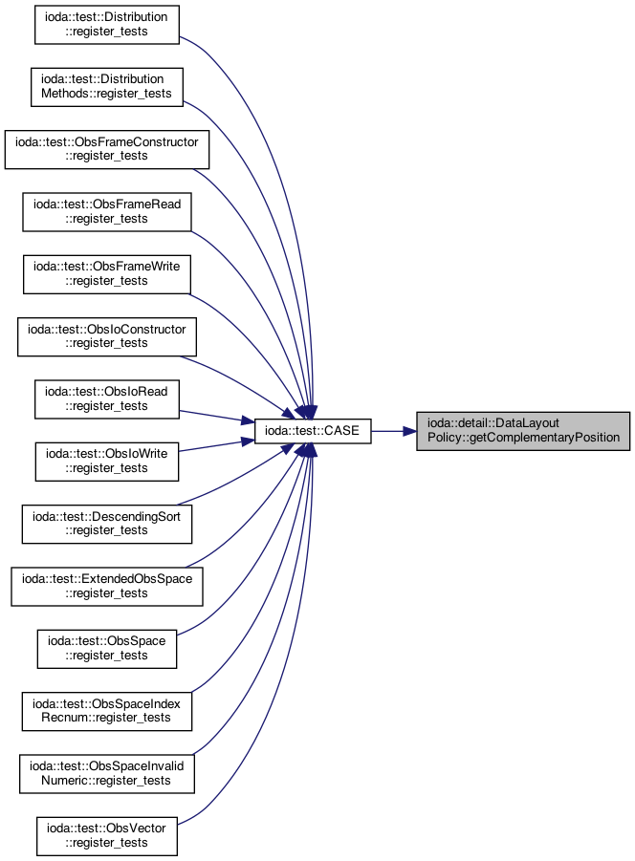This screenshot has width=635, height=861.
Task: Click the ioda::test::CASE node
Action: tap(313, 431)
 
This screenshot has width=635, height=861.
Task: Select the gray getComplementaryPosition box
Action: tap(523, 431)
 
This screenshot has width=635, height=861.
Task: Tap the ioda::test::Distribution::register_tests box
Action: tap(106, 25)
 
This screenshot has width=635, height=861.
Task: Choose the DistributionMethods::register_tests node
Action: tap(106, 87)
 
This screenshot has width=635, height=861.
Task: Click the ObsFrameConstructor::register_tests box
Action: tap(106, 149)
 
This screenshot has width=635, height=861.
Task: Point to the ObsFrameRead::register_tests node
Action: tap(106, 212)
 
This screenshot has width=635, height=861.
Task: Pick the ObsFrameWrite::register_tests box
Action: tap(106, 274)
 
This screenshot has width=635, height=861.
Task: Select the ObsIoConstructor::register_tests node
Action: tap(106, 336)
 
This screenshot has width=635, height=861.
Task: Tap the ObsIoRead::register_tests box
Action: tap(106, 399)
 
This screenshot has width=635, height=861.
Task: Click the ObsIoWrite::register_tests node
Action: tap(106, 462)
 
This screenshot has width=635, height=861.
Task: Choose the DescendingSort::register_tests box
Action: tap(106, 524)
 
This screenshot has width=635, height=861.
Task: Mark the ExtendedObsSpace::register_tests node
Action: tap(106, 587)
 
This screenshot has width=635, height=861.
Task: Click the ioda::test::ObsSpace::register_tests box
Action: tap(106, 649)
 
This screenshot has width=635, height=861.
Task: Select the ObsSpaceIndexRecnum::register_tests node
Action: tap(106, 711)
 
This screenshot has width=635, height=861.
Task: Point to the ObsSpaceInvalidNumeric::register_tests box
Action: tap(106, 774)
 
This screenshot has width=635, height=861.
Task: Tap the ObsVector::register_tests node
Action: tap(106, 836)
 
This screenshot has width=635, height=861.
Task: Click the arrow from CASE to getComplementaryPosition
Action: tap(394, 431)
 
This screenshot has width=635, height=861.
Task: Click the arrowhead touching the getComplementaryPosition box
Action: tap(409, 431)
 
